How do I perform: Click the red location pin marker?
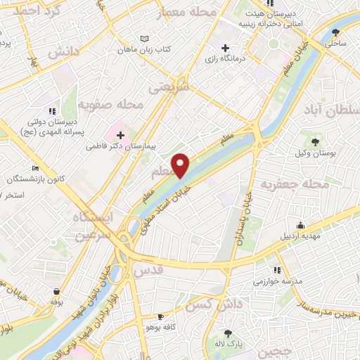pos(181,165)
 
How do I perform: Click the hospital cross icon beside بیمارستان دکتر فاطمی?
pos(120,135)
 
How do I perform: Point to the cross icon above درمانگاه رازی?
pos(225,48)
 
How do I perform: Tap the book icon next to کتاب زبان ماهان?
pos(144,39)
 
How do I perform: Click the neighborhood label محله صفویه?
pos(110,104)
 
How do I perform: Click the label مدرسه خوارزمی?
pos(278,281)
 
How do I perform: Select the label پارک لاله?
pos(228,345)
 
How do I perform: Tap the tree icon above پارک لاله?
pos(228,334)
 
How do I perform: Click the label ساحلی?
pos(336,44)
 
